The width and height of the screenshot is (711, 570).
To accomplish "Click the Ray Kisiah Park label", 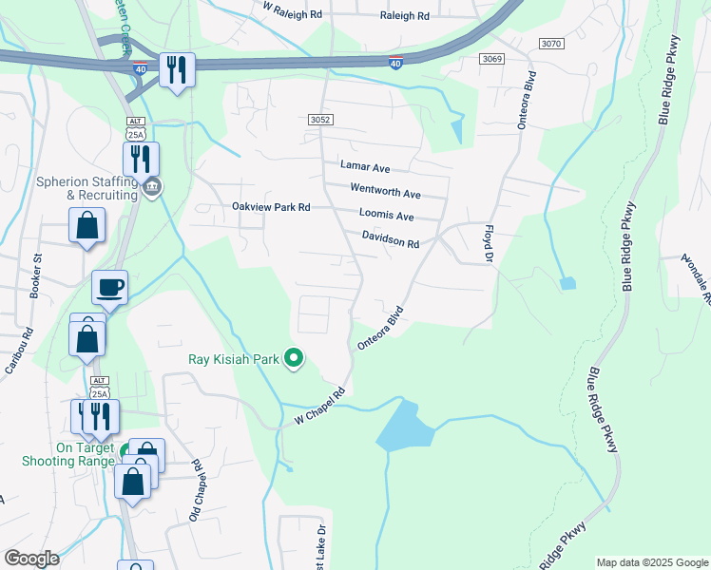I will pos(234,359).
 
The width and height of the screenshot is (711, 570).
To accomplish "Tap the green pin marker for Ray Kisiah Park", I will pos(295,358).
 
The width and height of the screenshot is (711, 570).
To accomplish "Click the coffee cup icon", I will pos(110,288).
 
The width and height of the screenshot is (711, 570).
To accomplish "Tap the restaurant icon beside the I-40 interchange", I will pos(177,69).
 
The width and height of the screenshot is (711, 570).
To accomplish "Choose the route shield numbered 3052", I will pos(320,119).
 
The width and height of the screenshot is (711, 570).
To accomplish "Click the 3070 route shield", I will pos(550,44).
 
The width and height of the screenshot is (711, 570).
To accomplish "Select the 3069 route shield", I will pos(491,59).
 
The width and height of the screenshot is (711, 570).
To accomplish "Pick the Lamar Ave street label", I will pos(366,166).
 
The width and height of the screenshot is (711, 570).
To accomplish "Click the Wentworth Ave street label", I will pos(385,190).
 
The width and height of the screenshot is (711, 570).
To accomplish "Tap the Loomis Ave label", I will pos(387,216).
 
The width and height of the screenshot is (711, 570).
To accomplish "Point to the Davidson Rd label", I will pos(390,238).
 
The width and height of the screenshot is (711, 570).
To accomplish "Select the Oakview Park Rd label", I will pos(272,206).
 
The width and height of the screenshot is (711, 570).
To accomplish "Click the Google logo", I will pos(31,558).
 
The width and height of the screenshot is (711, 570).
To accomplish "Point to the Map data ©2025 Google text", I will pos(651,562).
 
